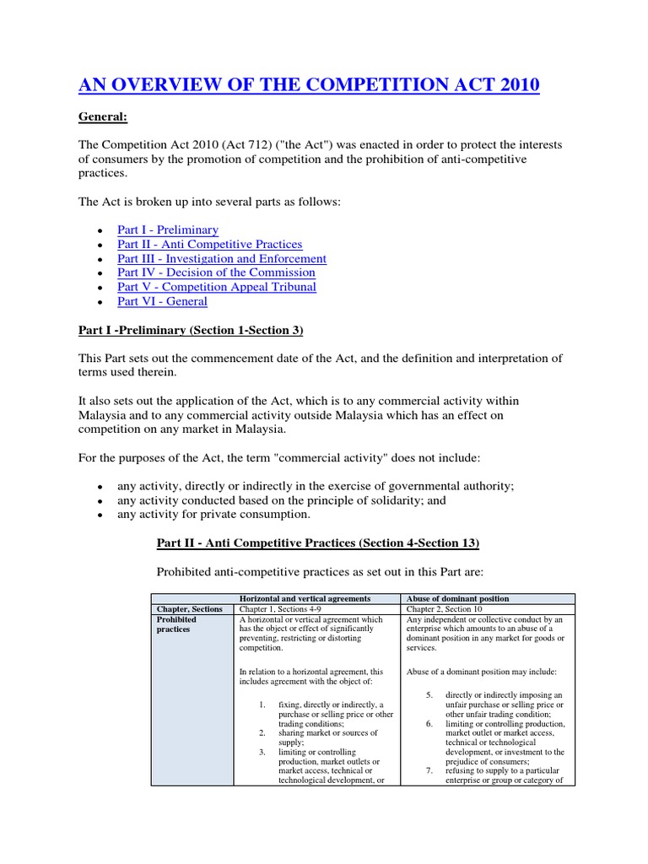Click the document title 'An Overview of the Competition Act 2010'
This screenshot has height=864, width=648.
coord(310,85)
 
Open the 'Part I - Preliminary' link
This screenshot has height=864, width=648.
coord(168,229)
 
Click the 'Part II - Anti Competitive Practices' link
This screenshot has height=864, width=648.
coord(209,244)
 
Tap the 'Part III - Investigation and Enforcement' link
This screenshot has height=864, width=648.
coord(222,258)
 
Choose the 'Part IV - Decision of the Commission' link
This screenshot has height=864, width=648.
coord(216,273)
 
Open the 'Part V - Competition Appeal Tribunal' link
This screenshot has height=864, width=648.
coord(217,287)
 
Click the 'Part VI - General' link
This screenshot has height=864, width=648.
coord(162,301)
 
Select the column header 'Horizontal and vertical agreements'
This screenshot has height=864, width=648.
coord(305,598)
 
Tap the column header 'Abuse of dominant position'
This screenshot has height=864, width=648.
coord(457,598)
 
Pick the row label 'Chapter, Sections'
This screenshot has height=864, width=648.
coord(189,609)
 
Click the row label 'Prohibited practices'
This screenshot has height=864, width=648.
coord(175,624)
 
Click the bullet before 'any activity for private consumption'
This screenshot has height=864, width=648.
coord(100,515)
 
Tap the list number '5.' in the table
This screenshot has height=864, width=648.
coord(429,694)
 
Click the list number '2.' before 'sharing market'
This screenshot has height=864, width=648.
coord(262,733)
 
